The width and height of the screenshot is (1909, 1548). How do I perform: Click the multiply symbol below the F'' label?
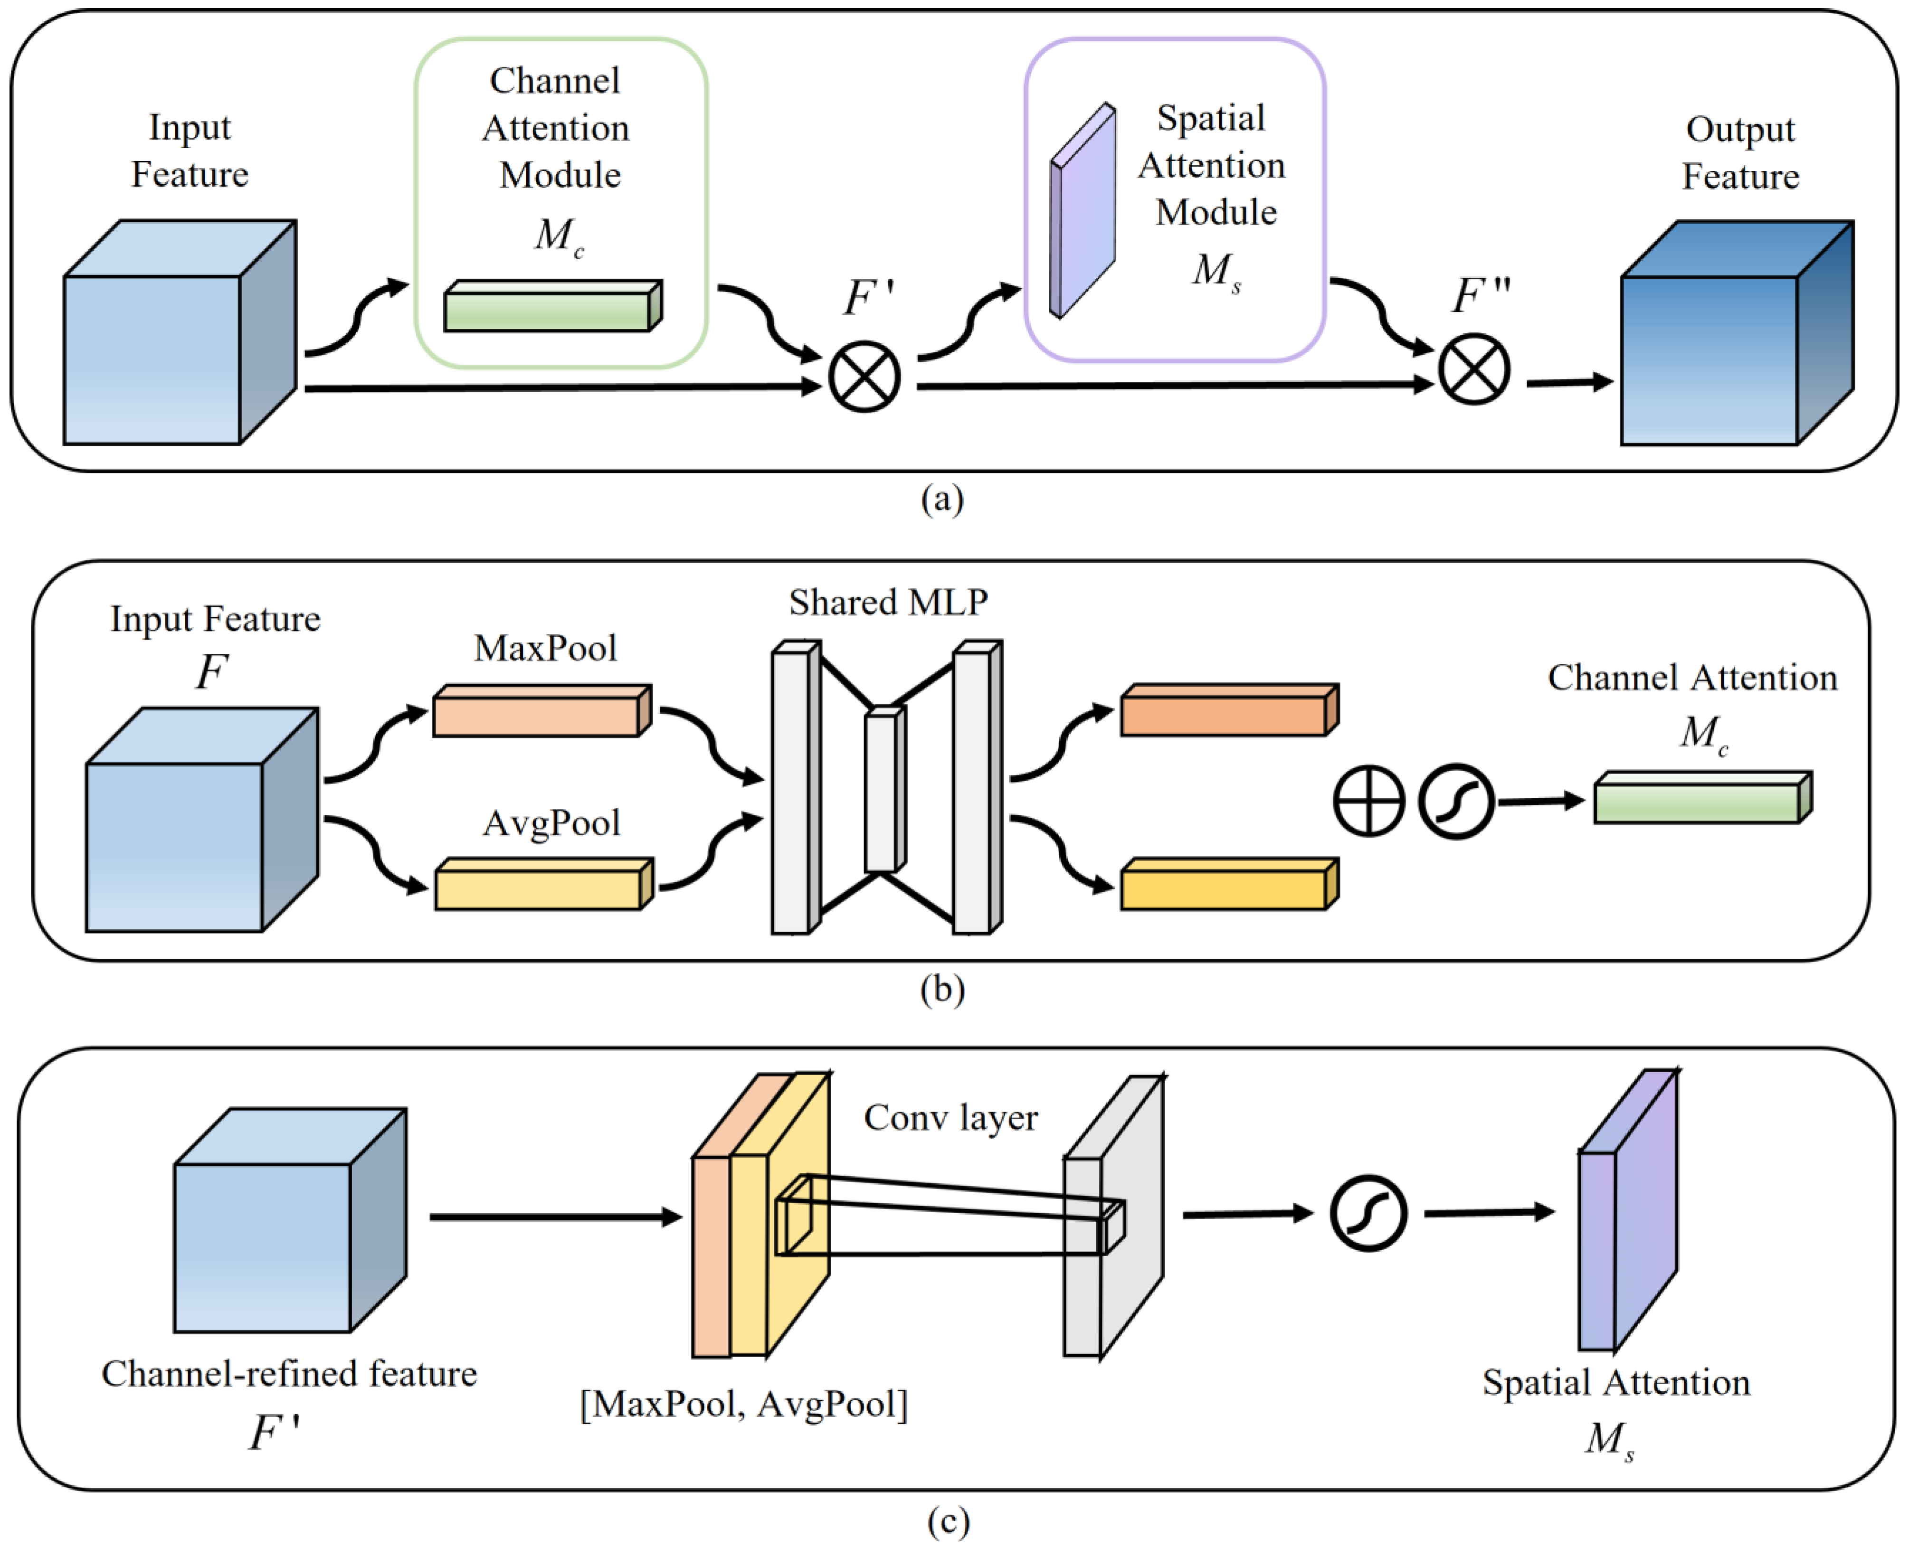click(x=1474, y=369)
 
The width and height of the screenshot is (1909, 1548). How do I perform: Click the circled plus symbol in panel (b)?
click(x=1368, y=801)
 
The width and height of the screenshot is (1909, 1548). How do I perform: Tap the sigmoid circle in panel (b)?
click(x=1456, y=801)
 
